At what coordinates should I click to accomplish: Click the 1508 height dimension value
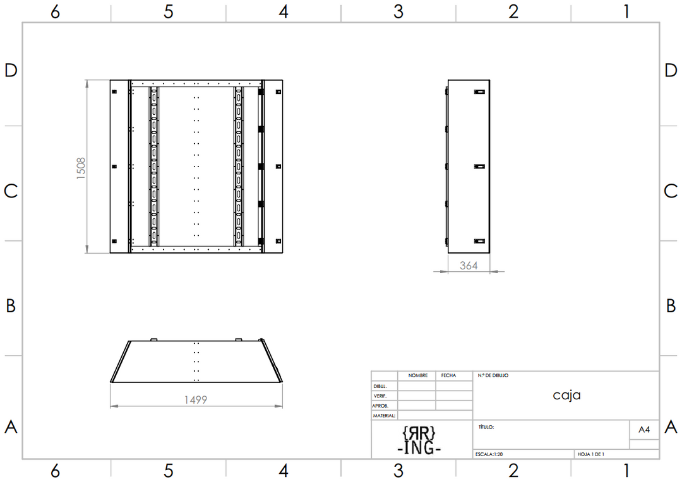click(81, 168)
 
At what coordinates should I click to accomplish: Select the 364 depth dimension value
click(469, 266)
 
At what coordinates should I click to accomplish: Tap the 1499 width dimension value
click(196, 400)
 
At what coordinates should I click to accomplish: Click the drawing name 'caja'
click(566, 395)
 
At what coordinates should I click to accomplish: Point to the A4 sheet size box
click(644, 430)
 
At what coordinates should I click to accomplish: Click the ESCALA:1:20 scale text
click(489, 454)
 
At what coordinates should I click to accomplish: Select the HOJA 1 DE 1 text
click(590, 454)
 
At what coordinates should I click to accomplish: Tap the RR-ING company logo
click(419, 440)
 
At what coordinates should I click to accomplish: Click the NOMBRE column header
click(418, 375)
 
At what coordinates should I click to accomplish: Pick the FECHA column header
click(448, 375)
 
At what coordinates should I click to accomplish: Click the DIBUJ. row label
click(380, 386)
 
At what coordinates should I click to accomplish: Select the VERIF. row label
click(380, 396)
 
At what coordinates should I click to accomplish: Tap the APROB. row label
click(380, 406)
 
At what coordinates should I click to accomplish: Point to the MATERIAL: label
click(384, 416)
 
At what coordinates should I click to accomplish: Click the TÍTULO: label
click(486, 427)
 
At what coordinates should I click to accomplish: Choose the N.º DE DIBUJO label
click(493, 375)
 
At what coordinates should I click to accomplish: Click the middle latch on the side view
click(479, 167)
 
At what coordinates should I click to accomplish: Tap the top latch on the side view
click(479, 91)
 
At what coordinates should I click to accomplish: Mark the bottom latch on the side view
click(479, 241)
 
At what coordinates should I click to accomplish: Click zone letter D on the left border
click(11, 71)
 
